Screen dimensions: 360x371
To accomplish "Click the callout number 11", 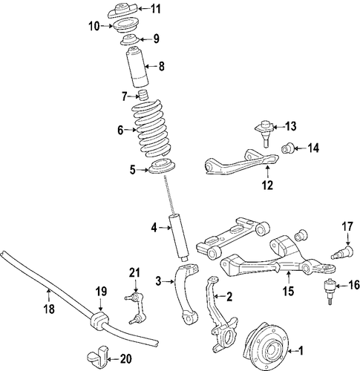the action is coord(156,9).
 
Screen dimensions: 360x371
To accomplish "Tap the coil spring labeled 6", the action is coord(151,128).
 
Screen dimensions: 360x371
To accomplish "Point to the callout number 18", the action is coord(49,309).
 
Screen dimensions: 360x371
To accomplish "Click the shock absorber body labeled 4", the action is coord(179,238).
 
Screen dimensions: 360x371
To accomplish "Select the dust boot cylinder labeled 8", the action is coord(137,67).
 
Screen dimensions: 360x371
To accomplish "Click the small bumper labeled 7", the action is coord(143,96).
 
